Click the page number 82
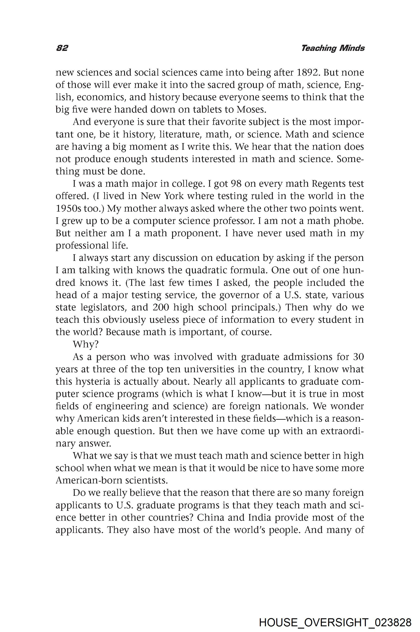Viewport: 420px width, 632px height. (x=62, y=48)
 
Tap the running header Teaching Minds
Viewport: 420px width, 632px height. (x=333, y=48)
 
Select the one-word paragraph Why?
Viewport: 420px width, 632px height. (x=85, y=344)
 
